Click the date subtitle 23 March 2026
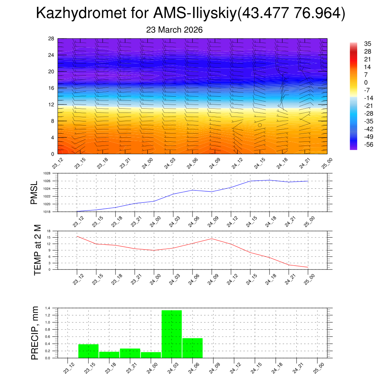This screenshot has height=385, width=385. pos(174,30)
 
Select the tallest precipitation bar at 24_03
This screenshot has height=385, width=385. pos(171,334)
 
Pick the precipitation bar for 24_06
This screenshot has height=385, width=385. pos(192,348)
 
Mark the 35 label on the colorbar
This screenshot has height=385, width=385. pos(367,44)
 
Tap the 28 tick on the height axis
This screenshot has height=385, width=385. pos(52,39)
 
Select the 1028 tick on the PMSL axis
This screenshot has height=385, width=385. pos(47,173)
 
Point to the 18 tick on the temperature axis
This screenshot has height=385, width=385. pos(49,231)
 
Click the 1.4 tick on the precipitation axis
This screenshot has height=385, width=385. pos(48,308)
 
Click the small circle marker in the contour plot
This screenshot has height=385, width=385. pos(260,125)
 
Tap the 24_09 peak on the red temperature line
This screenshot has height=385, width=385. pos(212,239)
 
